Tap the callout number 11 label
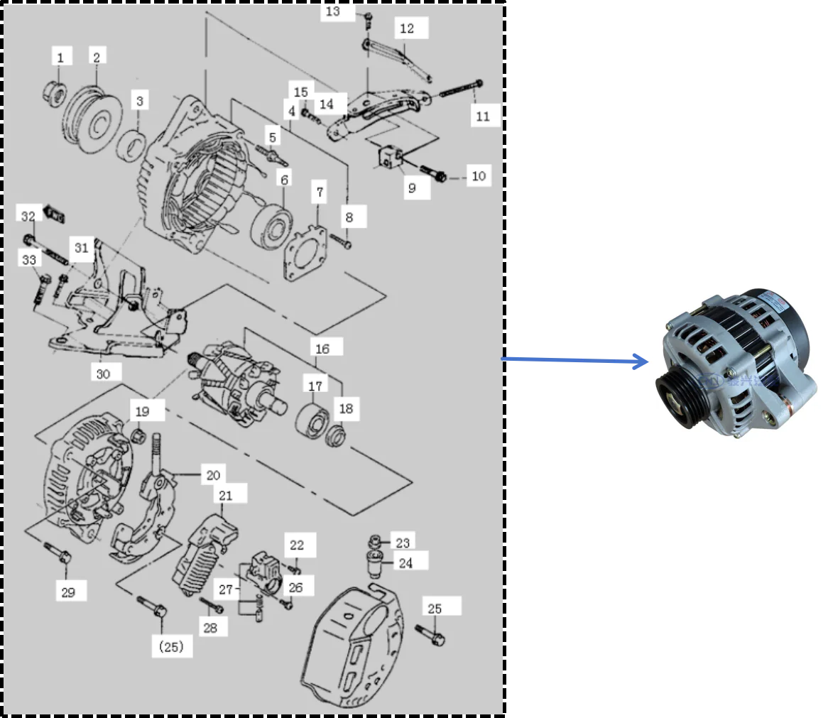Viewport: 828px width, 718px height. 483,116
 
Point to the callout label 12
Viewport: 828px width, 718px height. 407,29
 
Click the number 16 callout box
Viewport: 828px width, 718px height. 322,349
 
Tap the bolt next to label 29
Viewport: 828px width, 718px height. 58,554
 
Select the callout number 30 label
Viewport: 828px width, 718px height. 104,372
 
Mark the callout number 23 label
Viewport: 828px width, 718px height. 403,543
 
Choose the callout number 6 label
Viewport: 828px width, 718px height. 284,180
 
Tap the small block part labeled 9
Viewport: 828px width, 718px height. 388,157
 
